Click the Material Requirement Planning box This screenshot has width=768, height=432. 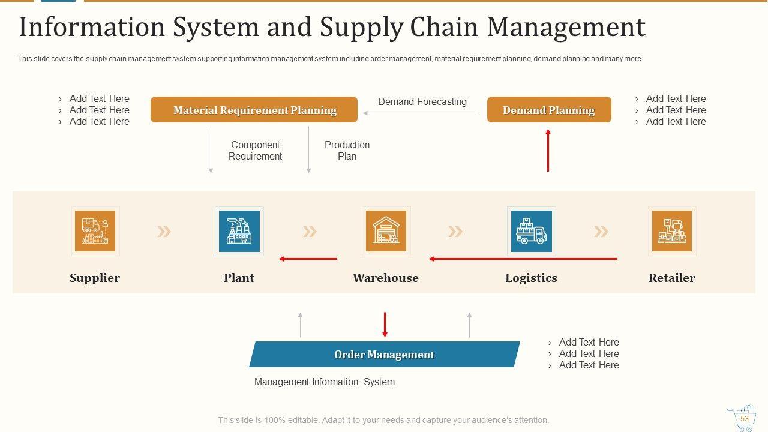point(254,110)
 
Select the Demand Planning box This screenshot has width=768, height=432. point(548,110)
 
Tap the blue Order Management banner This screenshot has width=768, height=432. point(384,355)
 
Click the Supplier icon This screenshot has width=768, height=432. point(95,231)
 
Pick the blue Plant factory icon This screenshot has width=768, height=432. point(239,231)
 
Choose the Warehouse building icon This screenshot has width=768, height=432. point(386,231)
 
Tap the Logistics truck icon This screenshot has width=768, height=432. point(531,231)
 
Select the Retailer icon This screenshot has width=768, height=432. point(671,231)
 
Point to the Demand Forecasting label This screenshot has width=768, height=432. point(422,102)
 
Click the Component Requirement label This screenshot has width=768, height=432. point(255,151)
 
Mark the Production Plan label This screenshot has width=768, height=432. point(347,151)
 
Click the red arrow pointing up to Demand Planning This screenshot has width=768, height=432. point(548,150)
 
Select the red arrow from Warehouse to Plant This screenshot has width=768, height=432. point(308,259)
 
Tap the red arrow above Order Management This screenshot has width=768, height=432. point(385,325)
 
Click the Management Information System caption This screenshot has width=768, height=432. point(324,382)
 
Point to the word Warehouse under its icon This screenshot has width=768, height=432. point(385,278)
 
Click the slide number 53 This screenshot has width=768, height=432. point(744,419)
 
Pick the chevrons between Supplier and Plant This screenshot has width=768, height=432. point(164,232)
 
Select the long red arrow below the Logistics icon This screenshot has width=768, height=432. point(523,259)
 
